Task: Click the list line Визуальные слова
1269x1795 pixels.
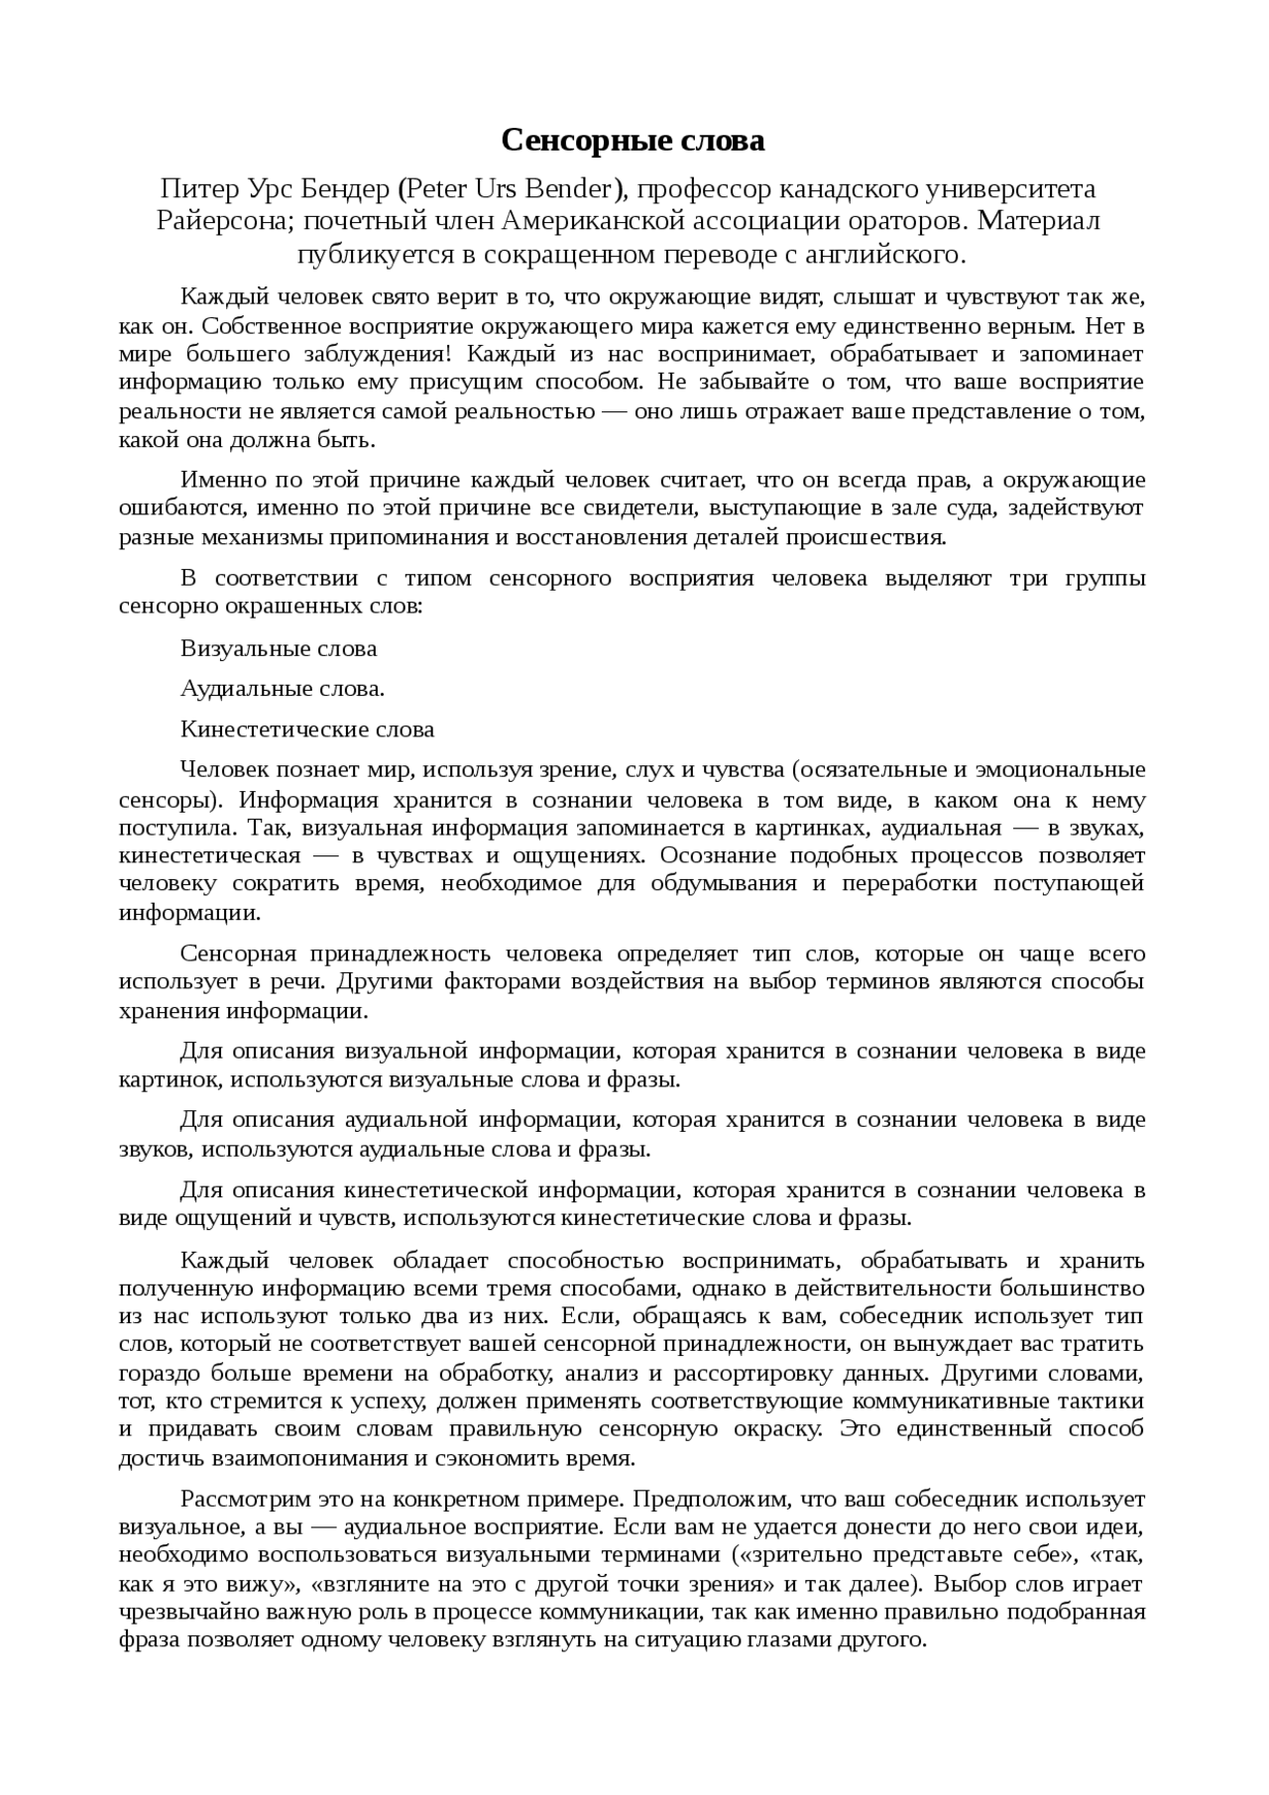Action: point(279,649)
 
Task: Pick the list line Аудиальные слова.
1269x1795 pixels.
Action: point(282,689)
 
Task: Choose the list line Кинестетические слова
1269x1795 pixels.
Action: point(307,729)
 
